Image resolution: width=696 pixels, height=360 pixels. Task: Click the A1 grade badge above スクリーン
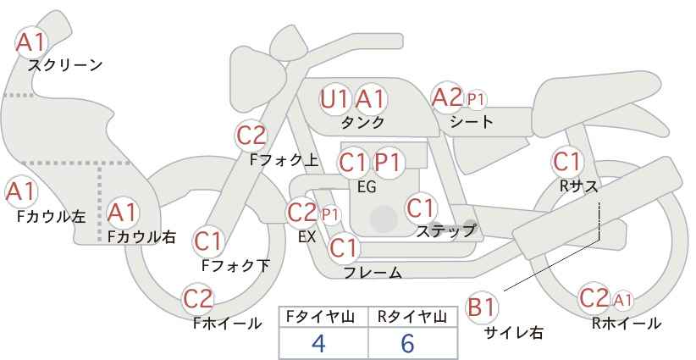coord(32,41)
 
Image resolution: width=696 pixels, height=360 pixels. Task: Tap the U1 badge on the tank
coord(334,99)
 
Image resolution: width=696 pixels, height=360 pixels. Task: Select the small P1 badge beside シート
coord(477,100)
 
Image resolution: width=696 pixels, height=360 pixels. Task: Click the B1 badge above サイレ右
coord(482,307)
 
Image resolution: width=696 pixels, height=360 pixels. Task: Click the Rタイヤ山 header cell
coord(412,317)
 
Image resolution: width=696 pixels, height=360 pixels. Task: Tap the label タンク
coord(362,122)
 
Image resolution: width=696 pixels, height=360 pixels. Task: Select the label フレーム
coord(373,272)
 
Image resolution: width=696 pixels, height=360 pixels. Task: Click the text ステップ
coord(445,230)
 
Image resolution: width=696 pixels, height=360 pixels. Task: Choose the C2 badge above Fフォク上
coord(251,135)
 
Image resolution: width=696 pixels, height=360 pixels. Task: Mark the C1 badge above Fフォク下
coord(207,241)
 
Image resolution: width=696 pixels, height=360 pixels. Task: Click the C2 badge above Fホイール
coord(198,298)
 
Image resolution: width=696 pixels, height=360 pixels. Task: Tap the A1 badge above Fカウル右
coord(122,211)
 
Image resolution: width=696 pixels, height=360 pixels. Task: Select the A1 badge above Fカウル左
coord(20,191)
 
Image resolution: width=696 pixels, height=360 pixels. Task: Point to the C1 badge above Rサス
coord(566,160)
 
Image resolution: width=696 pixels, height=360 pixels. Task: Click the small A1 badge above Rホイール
coord(622,299)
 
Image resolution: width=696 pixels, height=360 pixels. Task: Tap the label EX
coord(307,237)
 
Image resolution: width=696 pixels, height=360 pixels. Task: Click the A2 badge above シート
coord(446,97)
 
